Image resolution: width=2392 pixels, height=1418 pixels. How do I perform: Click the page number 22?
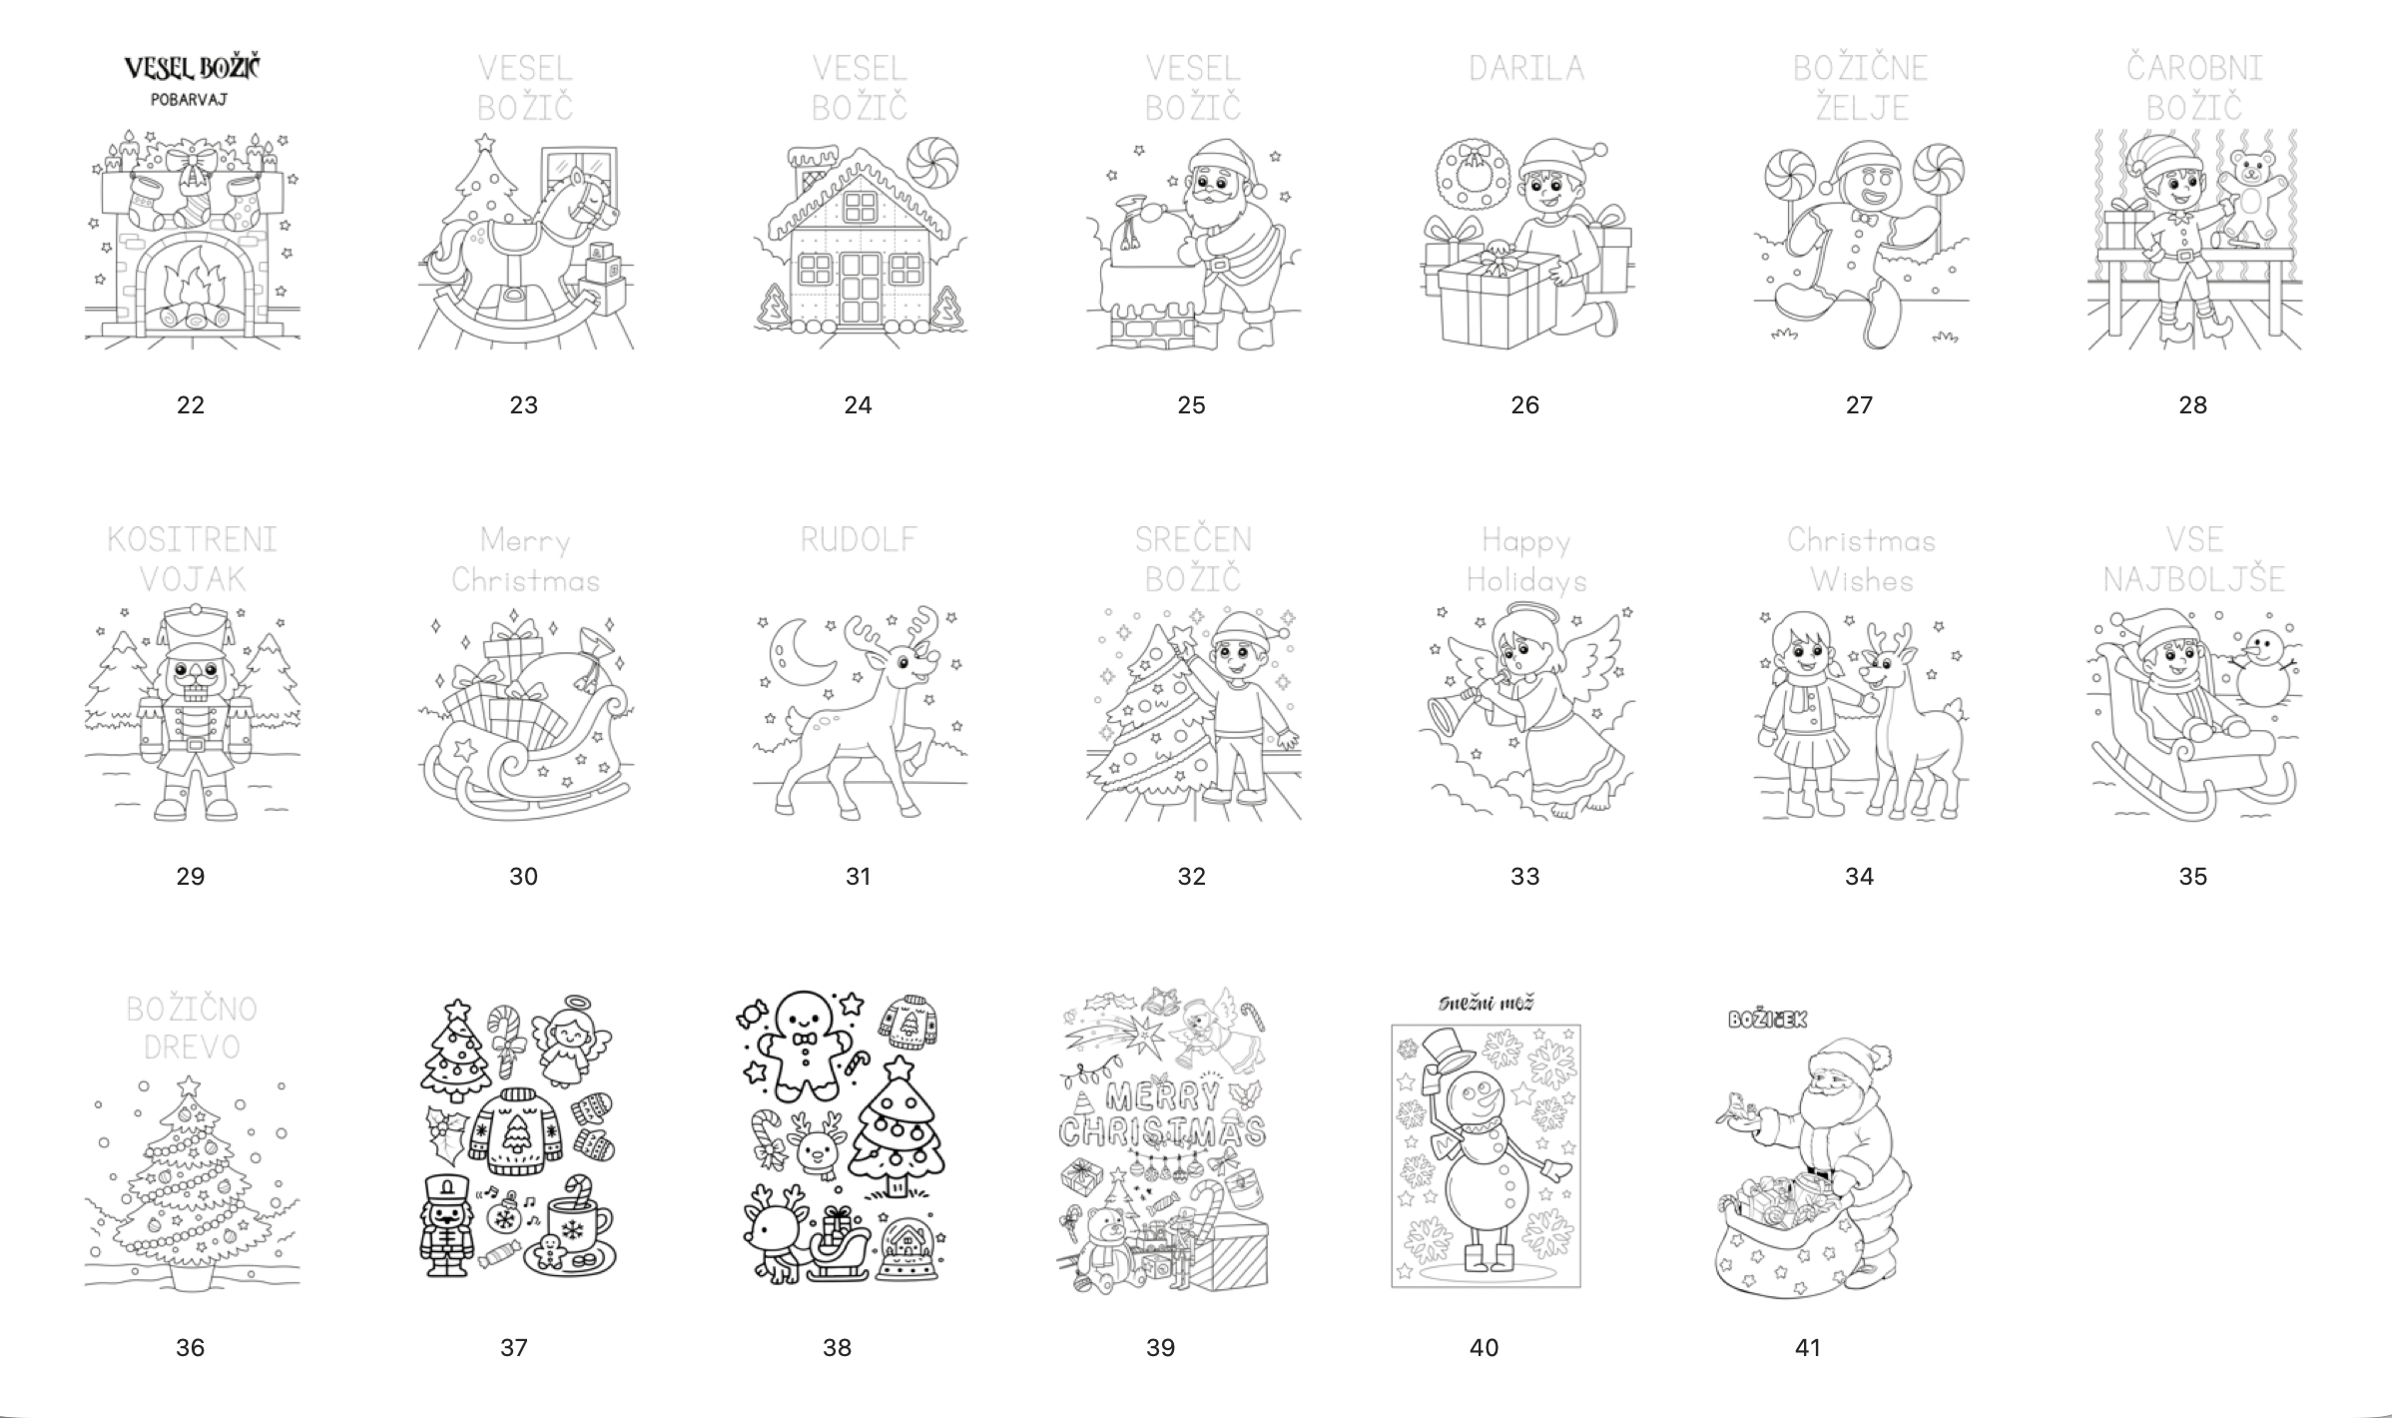point(190,404)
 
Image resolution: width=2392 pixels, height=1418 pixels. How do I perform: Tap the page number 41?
point(1808,1347)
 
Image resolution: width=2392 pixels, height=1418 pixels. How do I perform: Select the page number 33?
point(1524,876)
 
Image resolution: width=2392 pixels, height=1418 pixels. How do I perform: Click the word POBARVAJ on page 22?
point(190,100)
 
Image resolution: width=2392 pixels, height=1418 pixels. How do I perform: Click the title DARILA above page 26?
point(1526,68)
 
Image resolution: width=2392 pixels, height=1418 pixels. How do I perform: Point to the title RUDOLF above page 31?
point(859,539)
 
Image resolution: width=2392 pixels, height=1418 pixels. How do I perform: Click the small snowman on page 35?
point(2260,668)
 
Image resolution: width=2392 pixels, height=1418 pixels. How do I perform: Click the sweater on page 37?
point(516,1129)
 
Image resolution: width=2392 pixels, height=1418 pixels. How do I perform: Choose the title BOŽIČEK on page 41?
point(1767,1020)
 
